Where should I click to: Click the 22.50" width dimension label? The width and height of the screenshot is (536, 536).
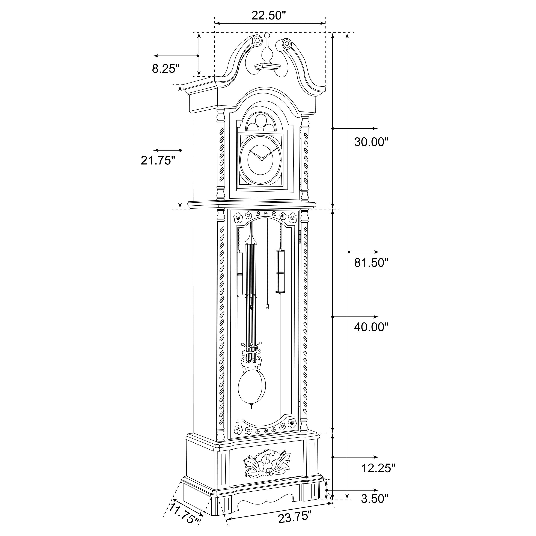[x=268, y=15]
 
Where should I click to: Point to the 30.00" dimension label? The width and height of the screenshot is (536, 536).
[x=371, y=142]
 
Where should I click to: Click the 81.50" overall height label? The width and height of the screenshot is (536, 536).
[x=371, y=262]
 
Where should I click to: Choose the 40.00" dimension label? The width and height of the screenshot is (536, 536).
[x=371, y=327]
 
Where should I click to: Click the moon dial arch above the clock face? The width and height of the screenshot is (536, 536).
[x=261, y=122]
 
